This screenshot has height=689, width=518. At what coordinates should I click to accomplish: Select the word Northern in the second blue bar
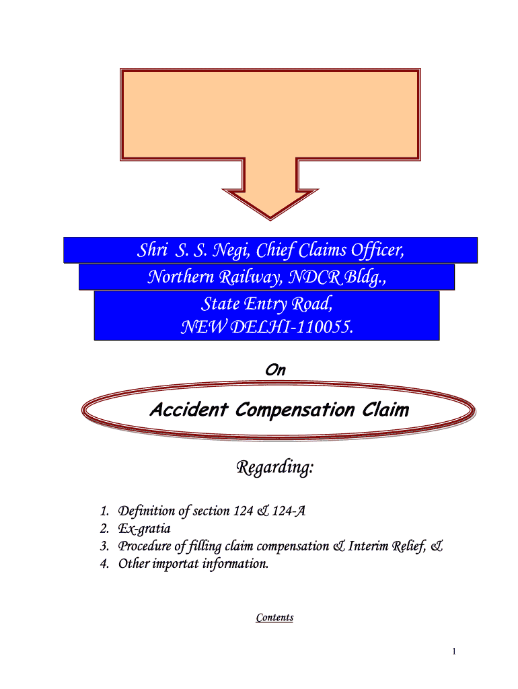[176, 277]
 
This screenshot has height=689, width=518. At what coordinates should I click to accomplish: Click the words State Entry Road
[266, 304]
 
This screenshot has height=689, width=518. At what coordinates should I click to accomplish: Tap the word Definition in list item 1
[146, 511]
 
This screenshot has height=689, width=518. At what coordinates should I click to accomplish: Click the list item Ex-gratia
[144, 529]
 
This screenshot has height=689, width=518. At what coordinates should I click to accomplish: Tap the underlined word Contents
[274, 617]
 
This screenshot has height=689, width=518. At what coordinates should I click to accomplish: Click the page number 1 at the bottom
[455, 651]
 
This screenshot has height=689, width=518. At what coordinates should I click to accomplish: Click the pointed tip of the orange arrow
[270, 217]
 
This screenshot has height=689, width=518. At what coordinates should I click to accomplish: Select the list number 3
[103, 546]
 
